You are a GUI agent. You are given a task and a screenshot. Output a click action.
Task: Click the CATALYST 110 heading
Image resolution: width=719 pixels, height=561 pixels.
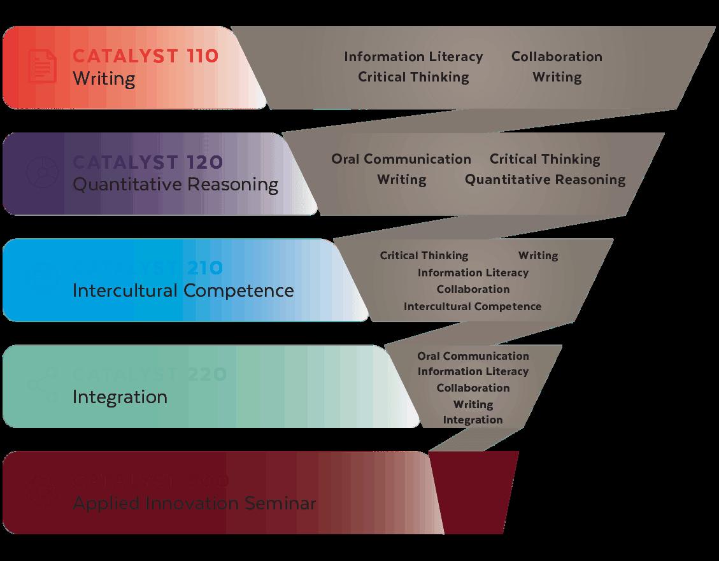pyautogui.click(x=145, y=56)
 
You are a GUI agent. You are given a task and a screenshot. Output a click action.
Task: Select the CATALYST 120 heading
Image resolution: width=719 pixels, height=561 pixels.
pyautogui.click(x=148, y=162)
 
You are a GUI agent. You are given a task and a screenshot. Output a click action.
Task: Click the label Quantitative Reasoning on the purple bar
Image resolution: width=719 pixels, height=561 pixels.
pyautogui.click(x=175, y=185)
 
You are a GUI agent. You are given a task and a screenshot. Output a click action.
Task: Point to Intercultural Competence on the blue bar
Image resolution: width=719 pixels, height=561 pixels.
pyautogui.click(x=183, y=290)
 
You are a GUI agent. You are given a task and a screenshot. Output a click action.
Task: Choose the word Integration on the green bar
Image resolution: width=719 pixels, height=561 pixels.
pyautogui.click(x=120, y=397)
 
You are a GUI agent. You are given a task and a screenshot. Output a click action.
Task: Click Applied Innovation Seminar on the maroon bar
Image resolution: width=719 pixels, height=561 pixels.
pyautogui.click(x=194, y=503)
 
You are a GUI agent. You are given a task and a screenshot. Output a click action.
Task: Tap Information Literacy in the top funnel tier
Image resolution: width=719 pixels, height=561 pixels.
pyautogui.click(x=413, y=57)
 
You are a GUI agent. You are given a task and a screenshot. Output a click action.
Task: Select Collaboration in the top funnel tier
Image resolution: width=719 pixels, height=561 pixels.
pyautogui.click(x=557, y=57)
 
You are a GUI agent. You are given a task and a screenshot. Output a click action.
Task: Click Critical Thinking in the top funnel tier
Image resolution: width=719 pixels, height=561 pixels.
pyautogui.click(x=413, y=77)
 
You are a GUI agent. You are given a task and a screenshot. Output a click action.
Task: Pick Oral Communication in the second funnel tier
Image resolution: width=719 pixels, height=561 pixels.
pyautogui.click(x=401, y=159)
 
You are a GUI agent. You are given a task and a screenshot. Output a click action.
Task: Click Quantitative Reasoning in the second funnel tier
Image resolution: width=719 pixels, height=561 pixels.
pyautogui.click(x=545, y=180)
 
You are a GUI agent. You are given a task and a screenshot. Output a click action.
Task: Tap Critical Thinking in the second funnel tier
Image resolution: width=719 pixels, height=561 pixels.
pyautogui.click(x=545, y=159)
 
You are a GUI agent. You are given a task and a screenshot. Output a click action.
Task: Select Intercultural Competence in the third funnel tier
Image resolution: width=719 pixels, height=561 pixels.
pyautogui.click(x=473, y=306)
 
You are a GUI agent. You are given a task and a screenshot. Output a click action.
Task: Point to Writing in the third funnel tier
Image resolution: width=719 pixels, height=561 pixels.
pyautogui.click(x=538, y=255)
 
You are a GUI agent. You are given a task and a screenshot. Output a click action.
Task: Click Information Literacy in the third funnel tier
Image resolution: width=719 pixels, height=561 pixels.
pyautogui.click(x=473, y=273)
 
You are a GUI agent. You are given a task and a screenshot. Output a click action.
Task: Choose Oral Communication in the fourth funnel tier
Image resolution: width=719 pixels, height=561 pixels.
pyautogui.click(x=473, y=356)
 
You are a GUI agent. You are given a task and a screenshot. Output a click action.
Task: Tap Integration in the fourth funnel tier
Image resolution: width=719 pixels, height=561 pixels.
pyautogui.click(x=473, y=420)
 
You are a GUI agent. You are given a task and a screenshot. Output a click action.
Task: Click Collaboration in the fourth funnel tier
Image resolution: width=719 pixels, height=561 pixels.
pyautogui.click(x=473, y=388)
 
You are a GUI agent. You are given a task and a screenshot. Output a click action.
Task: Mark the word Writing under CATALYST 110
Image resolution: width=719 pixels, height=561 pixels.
pyautogui.click(x=103, y=79)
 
